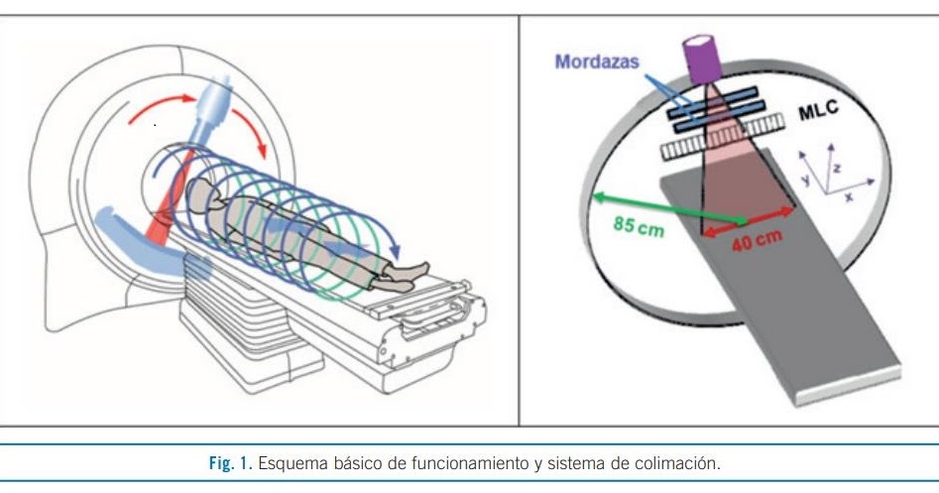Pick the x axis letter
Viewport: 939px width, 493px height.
pyautogui.click(x=850, y=196)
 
